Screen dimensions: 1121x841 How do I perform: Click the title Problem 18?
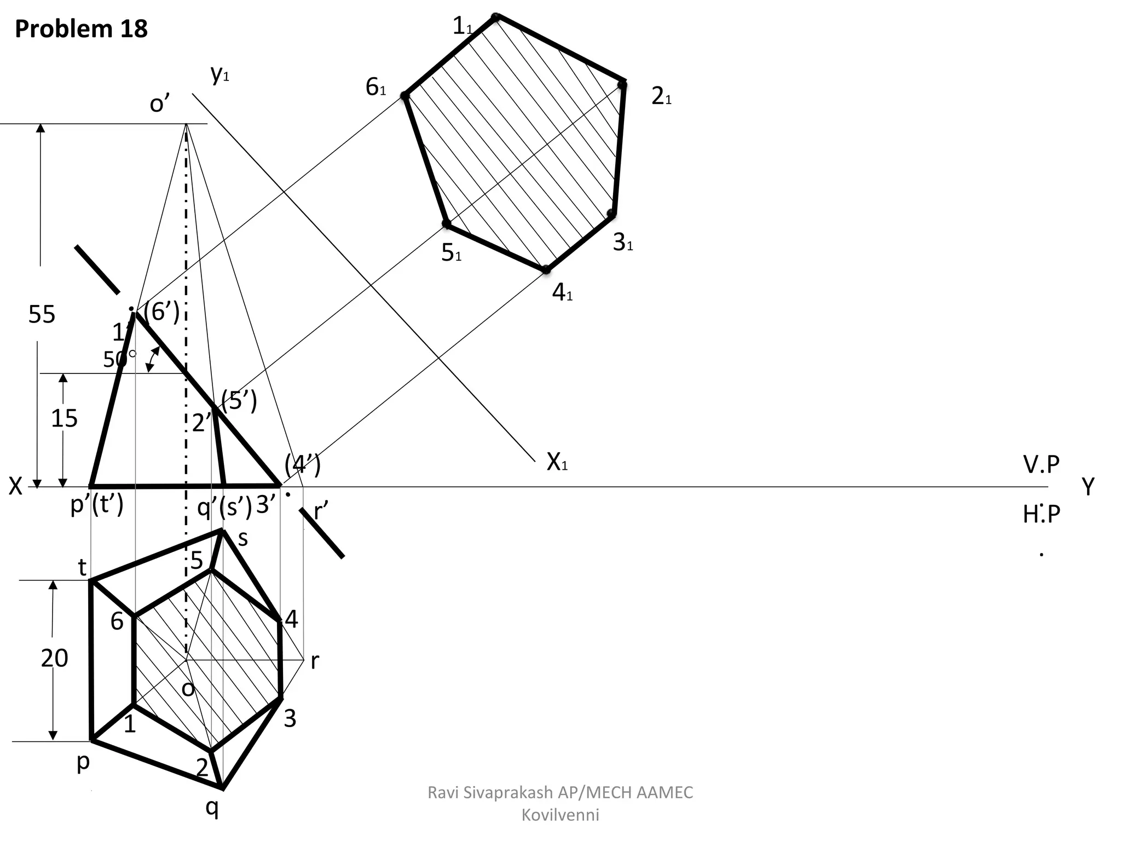click(x=81, y=28)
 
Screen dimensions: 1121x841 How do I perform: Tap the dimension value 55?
click(x=42, y=314)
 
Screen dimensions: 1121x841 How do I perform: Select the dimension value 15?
click(x=64, y=419)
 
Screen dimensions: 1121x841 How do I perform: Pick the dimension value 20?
click(x=54, y=658)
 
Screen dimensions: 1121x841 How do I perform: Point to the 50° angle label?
click(x=119, y=359)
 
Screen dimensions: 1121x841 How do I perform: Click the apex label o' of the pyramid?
click(x=159, y=103)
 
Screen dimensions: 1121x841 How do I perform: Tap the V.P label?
click(x=1041, y=465)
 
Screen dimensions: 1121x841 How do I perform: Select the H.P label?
click(x=1041, y=514)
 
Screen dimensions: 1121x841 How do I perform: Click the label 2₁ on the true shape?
click(x=661, y=97)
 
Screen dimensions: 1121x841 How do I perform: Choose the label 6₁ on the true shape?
click(x=376, y=88)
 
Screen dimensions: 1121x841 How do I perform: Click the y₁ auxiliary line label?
click(x=219, y=74)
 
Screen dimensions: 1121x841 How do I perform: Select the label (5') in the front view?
click(x=239, y=401)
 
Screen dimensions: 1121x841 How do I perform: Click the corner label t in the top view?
click(x=82, y=568)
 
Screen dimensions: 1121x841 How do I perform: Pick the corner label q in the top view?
click(x=212, y=807)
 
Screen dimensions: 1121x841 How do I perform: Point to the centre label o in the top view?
click(x=188, y=689)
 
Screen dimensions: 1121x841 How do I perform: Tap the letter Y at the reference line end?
click(x=1088, y=486)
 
